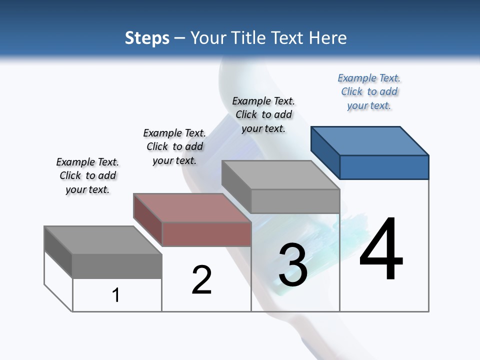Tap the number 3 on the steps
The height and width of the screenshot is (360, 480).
point(293,265)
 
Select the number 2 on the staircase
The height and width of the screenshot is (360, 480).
point(201,279)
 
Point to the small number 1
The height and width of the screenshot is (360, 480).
point(116,295)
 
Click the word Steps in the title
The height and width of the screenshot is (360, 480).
point(147,38)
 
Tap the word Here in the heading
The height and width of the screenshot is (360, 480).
point(328,38)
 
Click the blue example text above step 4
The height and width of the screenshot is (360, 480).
point(369,91)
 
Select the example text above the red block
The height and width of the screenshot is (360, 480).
point(174,146)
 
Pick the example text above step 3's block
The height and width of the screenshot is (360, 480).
point(263,114)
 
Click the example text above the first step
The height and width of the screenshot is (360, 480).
point(87,175)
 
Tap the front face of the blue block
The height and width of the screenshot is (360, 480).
point(384,167)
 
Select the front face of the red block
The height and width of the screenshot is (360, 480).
point(206,234)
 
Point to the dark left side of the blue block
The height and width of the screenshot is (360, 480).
point(325,150)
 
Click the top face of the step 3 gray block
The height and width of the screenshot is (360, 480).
point(281,175)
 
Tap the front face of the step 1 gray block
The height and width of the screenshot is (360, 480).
point(117,265)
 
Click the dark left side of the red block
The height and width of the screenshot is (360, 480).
point(147,218)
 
